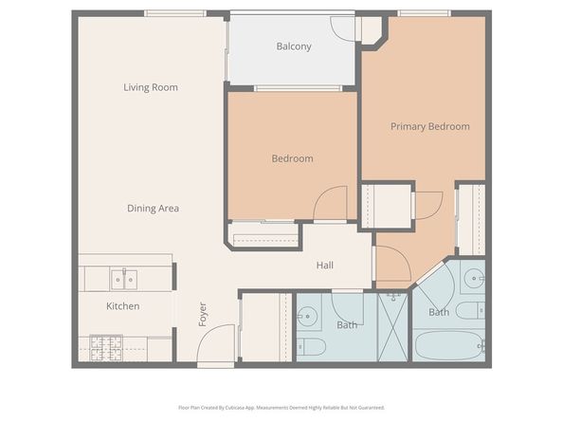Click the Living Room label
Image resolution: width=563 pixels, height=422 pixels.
pos(151,87)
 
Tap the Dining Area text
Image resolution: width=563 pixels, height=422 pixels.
pos(154,208)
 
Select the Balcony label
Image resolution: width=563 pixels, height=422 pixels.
pos(294,46)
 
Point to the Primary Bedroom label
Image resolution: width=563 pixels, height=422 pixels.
pos(430,126)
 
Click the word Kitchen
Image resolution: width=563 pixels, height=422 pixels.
pos(123,306)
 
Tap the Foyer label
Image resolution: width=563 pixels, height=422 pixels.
pos(202,314)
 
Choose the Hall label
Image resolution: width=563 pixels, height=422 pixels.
pos(325,266)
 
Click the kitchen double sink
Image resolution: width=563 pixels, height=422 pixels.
pos(123,279)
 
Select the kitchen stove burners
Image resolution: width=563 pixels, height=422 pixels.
pos(104,347)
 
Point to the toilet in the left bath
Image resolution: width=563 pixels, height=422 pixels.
pos(311,345)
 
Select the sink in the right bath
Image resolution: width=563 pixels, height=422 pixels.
pos(475,278)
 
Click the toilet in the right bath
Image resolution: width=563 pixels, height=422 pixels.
pos(470,311)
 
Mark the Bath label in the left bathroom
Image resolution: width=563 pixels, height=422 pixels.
pos(347,325)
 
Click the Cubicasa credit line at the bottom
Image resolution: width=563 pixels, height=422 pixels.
pos(281,408)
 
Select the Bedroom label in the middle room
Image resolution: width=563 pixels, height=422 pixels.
pos(292,158)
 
